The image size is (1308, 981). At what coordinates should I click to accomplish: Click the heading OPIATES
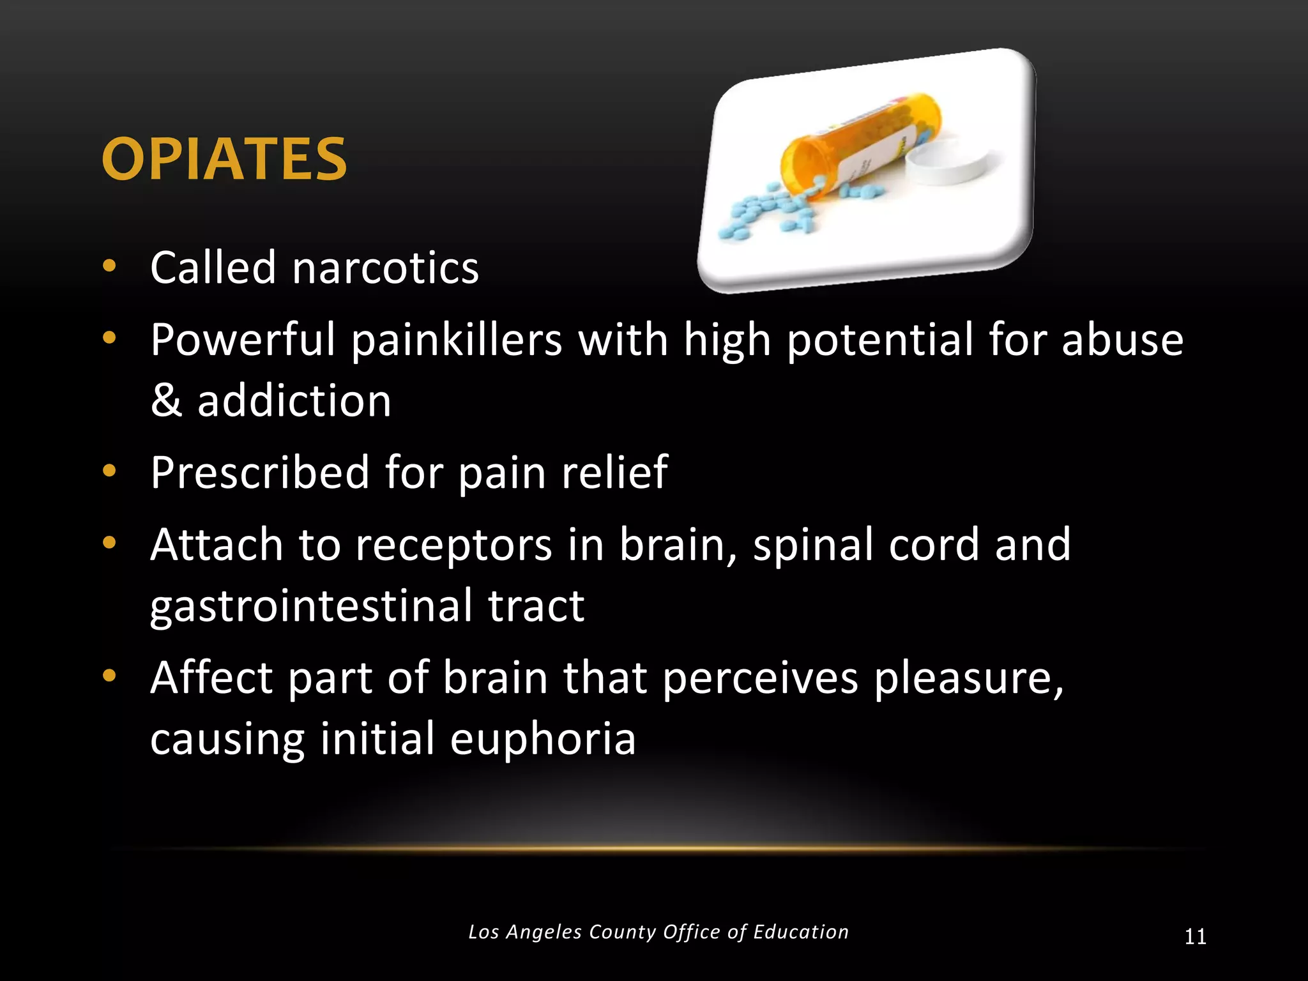coord(224,159)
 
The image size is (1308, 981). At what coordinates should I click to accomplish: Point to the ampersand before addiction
coord(165,401)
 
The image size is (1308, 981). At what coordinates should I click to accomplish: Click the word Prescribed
coord(260,473)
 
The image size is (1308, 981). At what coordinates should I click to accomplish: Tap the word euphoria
coord(543,738)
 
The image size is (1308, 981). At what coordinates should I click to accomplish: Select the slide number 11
coord(1195,937)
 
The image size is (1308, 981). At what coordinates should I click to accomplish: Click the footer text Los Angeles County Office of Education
coord(658,932)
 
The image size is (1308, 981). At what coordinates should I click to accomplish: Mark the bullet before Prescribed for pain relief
coord(109,471)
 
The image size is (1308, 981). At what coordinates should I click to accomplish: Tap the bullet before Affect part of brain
coord(109,676)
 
